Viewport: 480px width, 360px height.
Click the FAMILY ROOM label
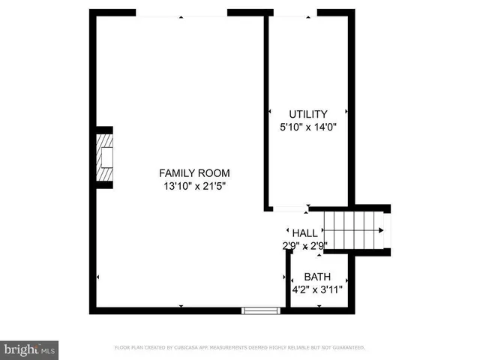pyautogui.click(x=193, y=172)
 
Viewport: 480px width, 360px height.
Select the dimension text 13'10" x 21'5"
pyautogui.click(x=193, y=186)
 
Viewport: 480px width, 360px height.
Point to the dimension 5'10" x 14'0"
pyautogui.click(x=308, y=127)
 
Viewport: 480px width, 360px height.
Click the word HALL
pyautogui.click(x=304, y=233)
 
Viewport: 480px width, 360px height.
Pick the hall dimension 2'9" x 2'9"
pyautogui.click(x=304, y=244)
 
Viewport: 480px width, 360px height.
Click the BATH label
pyautogui.click(x=316, y=277)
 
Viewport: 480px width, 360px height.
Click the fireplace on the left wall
pyautogui.click(x=105, y=157)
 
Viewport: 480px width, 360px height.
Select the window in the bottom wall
pyautogui.click(x=259, y=309)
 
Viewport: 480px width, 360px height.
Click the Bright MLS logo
pyautogui.click(x=30, y=349)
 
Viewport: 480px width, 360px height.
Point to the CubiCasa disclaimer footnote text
pyautogui.click(x=239, y=348)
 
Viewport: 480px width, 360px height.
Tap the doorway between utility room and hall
pyautogui.click(x=289, y=208)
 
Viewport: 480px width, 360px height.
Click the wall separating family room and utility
pyautogui.click(x=266, y=112)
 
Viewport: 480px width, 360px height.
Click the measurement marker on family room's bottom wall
pyautogui.click(x=181, y=306)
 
